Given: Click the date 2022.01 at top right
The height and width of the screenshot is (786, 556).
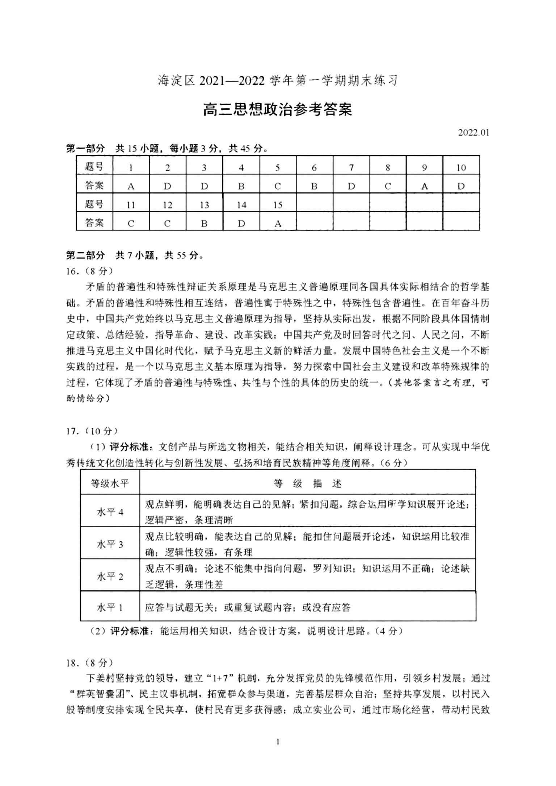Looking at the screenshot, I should [x=473, y=132].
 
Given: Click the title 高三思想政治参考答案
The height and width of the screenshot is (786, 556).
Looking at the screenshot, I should [x=278, y=110].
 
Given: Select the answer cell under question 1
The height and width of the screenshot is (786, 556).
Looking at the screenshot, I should [x=131, y=186].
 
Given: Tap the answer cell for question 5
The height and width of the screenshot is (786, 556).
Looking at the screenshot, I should [x=278, y=186].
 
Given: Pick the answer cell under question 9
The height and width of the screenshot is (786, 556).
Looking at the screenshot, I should [x=424, y=186].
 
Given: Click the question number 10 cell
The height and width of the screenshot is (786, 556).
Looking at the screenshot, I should [x=461, y=168].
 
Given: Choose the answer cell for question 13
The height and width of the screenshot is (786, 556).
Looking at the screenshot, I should [x=204, y=224].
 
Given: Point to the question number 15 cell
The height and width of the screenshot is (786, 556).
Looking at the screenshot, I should [x=278, y=205].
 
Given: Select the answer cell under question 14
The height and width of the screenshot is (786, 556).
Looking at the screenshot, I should [x=241, y=224].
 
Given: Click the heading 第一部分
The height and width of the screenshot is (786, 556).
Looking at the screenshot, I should [x=85, y=148].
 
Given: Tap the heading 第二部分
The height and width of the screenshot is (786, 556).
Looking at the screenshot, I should [x=85, y=255].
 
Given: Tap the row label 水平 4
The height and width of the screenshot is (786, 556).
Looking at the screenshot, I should [x=110, y=512].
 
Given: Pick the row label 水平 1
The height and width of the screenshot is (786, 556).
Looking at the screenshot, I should [x=110, y=608].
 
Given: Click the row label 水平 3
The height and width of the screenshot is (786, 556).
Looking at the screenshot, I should [x=110, y=544].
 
